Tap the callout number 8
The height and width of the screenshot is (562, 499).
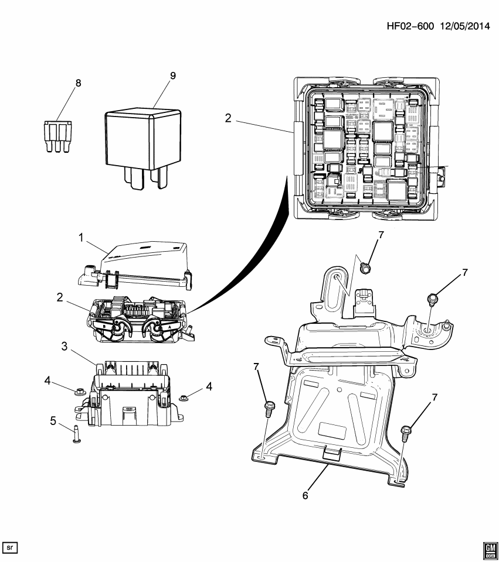tap(78, 83)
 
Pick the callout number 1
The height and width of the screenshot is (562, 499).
tap(82, 237)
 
